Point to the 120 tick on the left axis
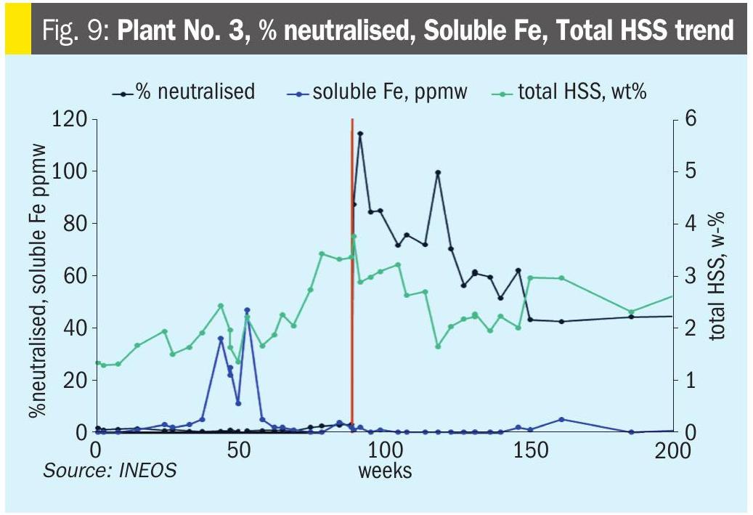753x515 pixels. click(69, 119)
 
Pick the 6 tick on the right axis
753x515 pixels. click(690, 119)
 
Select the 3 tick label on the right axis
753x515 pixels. click(690, 276)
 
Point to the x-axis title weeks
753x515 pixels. click(385, 470)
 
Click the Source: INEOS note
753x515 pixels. click(110, 470)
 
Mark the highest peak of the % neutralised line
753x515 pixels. click(360, 134)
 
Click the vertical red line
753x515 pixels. click(352, 291)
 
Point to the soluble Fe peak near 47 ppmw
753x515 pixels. click(247, 310)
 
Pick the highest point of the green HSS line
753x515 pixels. click(354, 236)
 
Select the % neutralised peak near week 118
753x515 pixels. click(438, 173)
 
